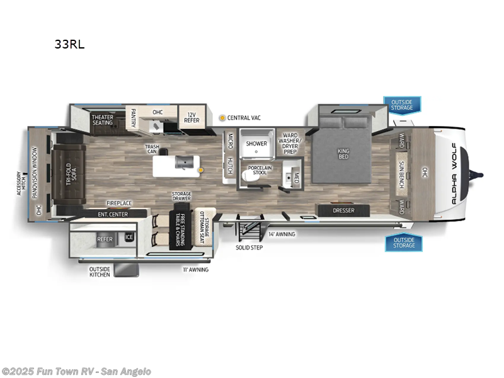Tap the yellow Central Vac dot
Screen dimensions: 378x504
(x=222, y=118)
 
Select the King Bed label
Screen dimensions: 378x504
(x=343, y=153)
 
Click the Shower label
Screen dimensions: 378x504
(x=256, y=144)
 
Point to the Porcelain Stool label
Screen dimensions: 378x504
(x=260, y=171)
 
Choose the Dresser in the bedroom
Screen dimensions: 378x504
(x=343, y=210)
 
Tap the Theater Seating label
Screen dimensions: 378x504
(x=102, y=120)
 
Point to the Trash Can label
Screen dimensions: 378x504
(x=152, y=149)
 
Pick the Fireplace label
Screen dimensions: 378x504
(x=118, y=203)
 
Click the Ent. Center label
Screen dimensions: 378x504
(x=113, y=215)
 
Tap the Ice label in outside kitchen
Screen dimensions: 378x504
(x=129, y=238)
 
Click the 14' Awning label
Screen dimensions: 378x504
(x=282, y=234)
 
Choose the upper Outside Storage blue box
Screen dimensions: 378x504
(x=401, y=105)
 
